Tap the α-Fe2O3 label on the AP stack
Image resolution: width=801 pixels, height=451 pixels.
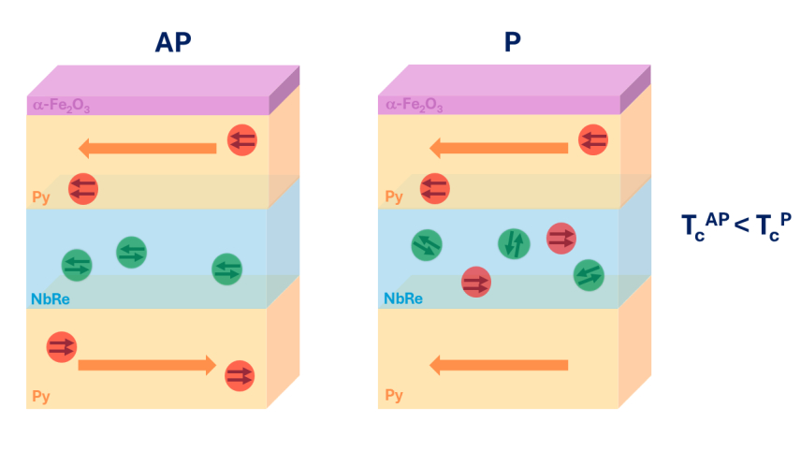pos(62,106)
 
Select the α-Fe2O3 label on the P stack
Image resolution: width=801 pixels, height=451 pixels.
pos(411,106)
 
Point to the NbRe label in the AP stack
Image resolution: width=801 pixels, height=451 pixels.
pos(51,300)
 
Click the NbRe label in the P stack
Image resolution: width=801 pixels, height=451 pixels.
pos(402,300)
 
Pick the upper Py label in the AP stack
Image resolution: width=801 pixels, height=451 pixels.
pos(41,197)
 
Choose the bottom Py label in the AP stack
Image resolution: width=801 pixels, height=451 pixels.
pos(41,396)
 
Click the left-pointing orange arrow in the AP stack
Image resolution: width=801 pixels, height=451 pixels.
pos(147,148)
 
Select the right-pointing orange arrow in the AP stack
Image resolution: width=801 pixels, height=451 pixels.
pos(147,365)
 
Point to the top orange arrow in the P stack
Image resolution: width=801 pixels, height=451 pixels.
pos(498,148)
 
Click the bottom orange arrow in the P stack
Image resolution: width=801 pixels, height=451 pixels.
pos(498,365)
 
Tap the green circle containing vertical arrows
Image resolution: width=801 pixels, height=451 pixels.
pos(514,244)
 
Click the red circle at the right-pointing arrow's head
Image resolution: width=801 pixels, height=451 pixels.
pos(240,375)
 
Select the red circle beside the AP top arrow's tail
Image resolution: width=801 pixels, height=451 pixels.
pos(241,140)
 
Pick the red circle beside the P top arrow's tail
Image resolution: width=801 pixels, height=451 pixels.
pos(591,140)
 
